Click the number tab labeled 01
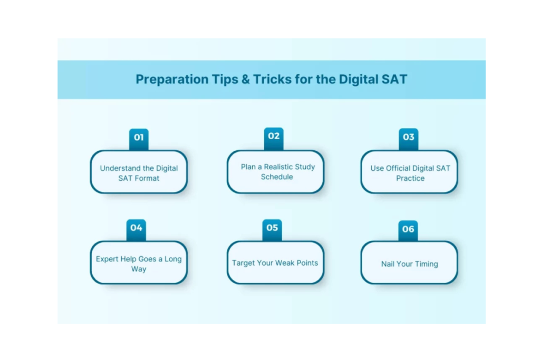click(139, 139)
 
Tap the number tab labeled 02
click(274, 139)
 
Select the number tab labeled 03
click(409, 139)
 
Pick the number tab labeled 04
click(136, 230)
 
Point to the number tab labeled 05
click(272, 230)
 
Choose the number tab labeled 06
click(408, 231)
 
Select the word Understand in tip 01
click(120, 168)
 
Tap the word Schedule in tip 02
click(277, 177)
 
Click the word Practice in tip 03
click(410, 178)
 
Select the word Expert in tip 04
click(107, 259)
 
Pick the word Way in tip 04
click(139, 269)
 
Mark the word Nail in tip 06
click(388, 264)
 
